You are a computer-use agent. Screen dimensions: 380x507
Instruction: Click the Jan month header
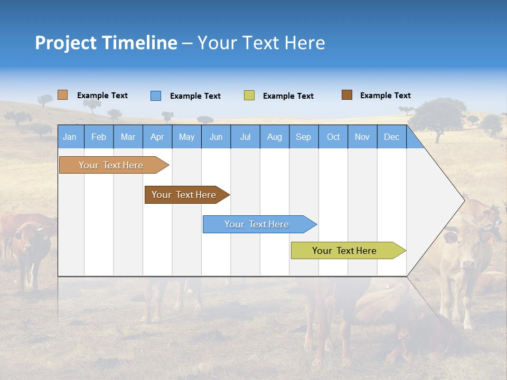click(x=70, y=137)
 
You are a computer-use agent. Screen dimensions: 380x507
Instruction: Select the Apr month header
click(x=157, y=137)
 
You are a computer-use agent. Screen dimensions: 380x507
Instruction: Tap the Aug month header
click(x=275, y=137)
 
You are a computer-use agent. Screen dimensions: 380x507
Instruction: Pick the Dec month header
click(x=392, y=137)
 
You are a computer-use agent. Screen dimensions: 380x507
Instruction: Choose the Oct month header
click(x=333, y=137)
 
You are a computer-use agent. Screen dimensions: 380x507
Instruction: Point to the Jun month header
click(x=216, y=137)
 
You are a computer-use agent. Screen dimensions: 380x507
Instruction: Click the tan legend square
click(x=62, y=95)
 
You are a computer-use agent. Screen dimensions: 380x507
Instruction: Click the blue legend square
click(x=155, y=96)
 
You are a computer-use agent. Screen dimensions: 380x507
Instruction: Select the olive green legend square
click(x=249, y=96)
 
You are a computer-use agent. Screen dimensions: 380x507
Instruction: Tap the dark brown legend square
click(x=346, y=95)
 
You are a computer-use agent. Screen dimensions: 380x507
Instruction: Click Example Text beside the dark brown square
click(x=385, y=95)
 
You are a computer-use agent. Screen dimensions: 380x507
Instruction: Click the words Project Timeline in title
click(x=106, y=43)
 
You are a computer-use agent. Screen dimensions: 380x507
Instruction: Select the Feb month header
click(x=99, y=137)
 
